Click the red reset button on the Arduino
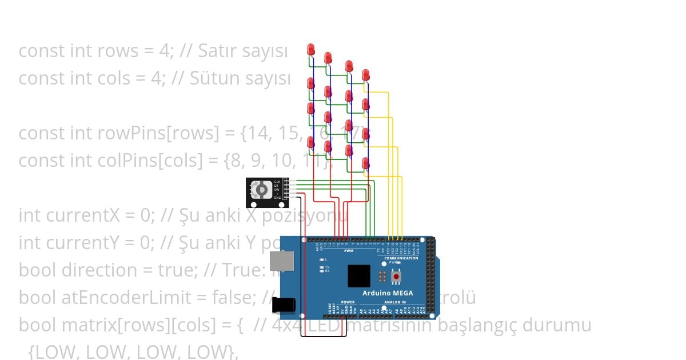[396, 278]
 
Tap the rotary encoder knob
[261, 189]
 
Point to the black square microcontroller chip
[358, 276]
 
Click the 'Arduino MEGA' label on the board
[388, 294]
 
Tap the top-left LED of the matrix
[311, 49]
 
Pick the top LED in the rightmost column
[366, 75]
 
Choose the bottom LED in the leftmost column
[311, 142]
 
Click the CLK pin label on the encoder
[277, 182]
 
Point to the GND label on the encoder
[277, 198]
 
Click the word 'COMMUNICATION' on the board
[401, 258]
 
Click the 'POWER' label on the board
[348, 302]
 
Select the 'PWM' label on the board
[349, 251]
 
